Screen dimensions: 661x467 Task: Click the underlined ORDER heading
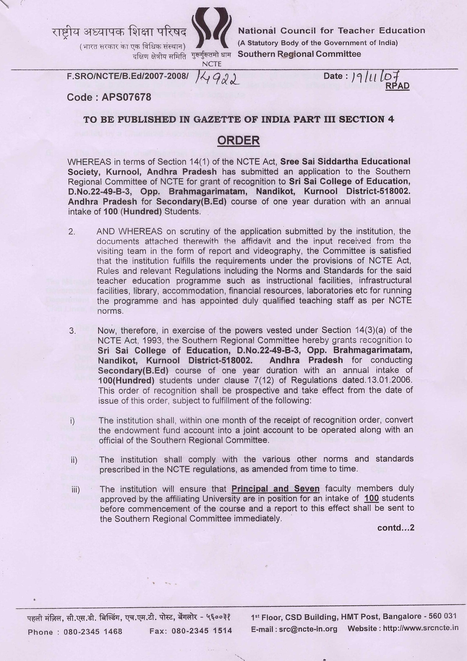pyautogui.click(x=238, y=140)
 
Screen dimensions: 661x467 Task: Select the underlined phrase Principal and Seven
pyautogui.click(x=275, y=489)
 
